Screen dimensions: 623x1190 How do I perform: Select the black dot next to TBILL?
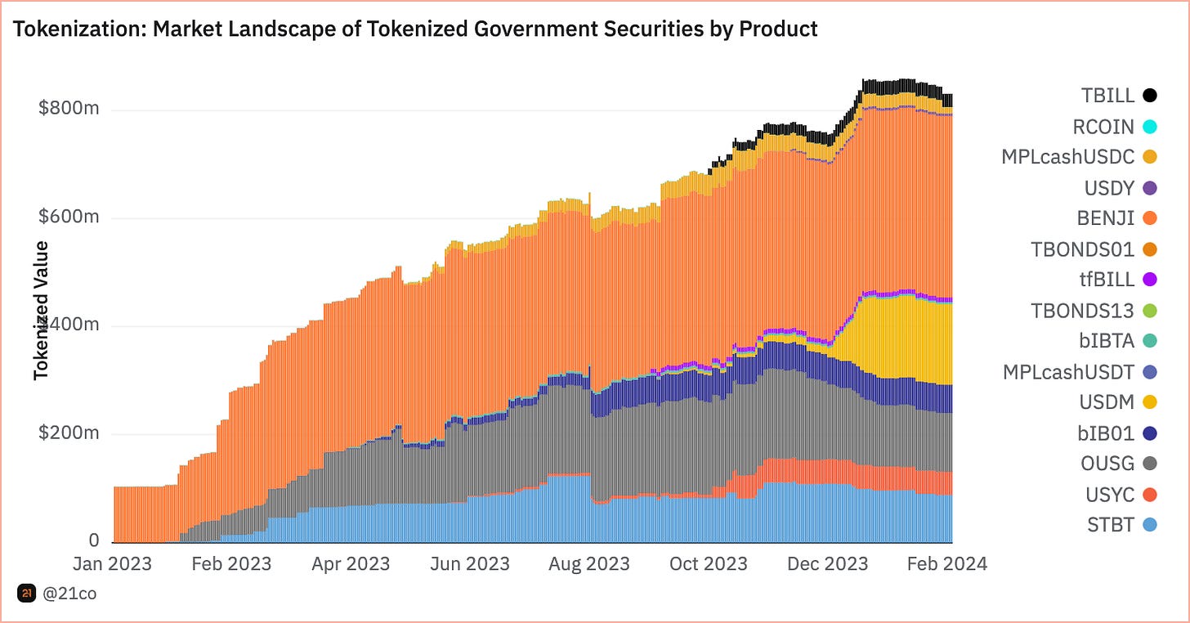(x=1150, y=96)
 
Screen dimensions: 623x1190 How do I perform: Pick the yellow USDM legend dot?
(x=1150, y=402)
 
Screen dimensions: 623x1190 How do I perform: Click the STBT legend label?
(x=1111, y=525)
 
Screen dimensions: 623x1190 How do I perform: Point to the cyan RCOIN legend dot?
(x=1150, y=127)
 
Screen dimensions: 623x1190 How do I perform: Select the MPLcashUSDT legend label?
(x=1068, y=372)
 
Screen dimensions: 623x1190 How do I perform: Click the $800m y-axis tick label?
(x=69, y=109)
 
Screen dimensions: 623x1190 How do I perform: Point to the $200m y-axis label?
(x=69, y=433)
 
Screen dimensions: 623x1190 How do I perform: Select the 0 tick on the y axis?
(x=94, y=540)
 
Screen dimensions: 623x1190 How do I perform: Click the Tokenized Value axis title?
(x=41, y=311)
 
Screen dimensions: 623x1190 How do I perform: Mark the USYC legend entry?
(x=1108, y=495)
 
